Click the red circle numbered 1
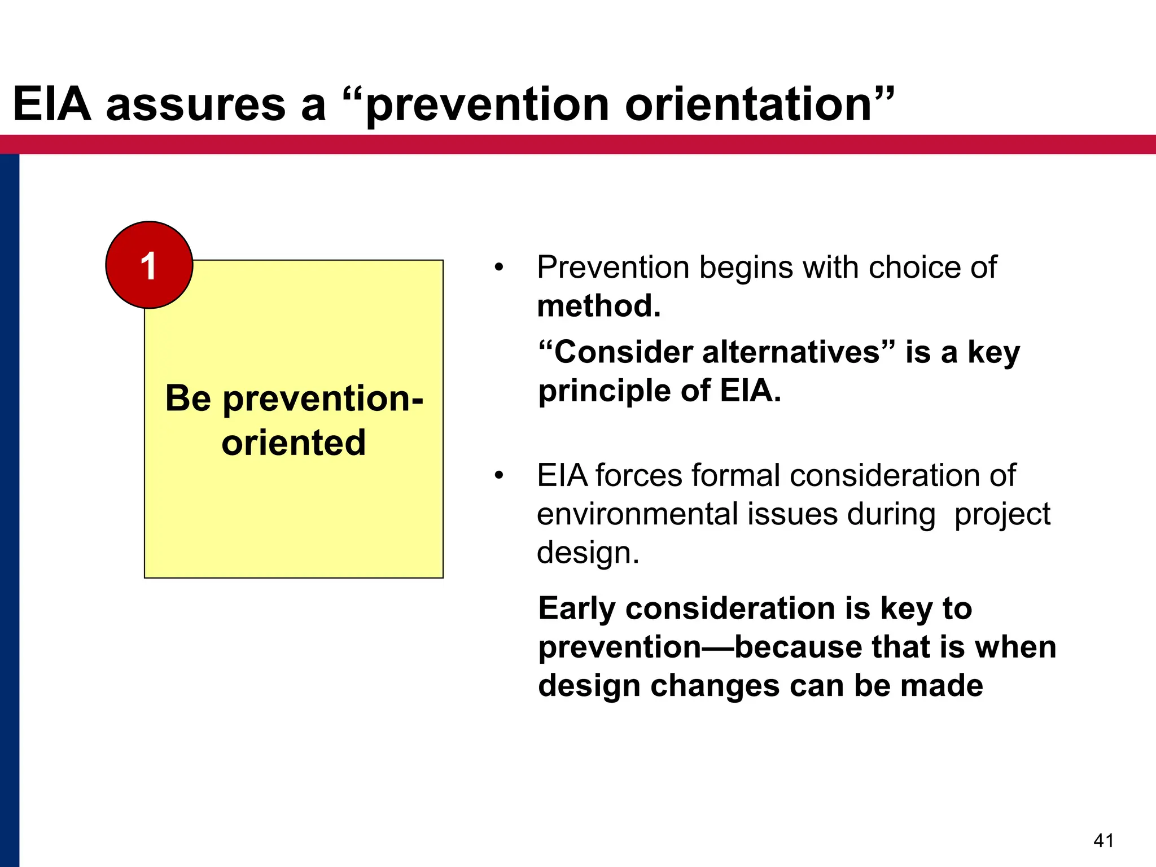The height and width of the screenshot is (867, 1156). point(149,265)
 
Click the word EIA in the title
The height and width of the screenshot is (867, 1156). point(52,104)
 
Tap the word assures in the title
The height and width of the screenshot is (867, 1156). point(196,104)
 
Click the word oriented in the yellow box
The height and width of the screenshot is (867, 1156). point(294,442)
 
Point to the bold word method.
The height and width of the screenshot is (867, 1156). point(598,306)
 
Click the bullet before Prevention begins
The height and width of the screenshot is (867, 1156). point(498,268)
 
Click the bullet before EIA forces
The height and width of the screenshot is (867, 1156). point(498,476)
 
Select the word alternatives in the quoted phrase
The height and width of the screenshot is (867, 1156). point(790,352)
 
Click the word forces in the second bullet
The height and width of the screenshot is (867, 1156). point(638,475)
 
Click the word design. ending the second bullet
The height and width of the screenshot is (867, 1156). point(588,552)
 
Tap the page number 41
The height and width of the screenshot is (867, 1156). point(1104,840)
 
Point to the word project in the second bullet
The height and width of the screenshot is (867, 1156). point(1002,514)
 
